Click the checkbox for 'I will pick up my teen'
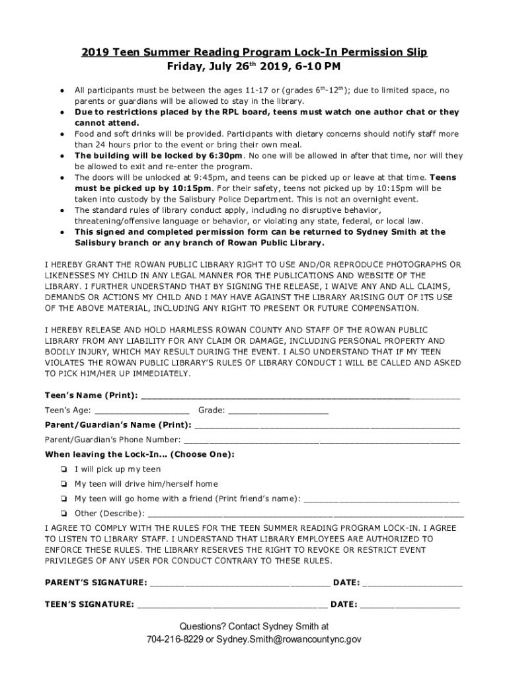(x=63, y=469)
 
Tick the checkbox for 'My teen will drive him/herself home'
(x=63, y=484)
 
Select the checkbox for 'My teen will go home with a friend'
(x=63, y=498)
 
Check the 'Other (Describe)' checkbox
(x=63, y=513)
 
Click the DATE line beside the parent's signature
(x=412, y=585)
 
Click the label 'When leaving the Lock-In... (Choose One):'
(x=139, y=455)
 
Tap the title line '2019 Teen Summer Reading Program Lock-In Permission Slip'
(x=255, y=52)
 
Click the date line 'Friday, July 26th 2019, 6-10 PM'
(x=255, y=67)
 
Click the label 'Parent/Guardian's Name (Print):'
(x=118, y=424)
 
